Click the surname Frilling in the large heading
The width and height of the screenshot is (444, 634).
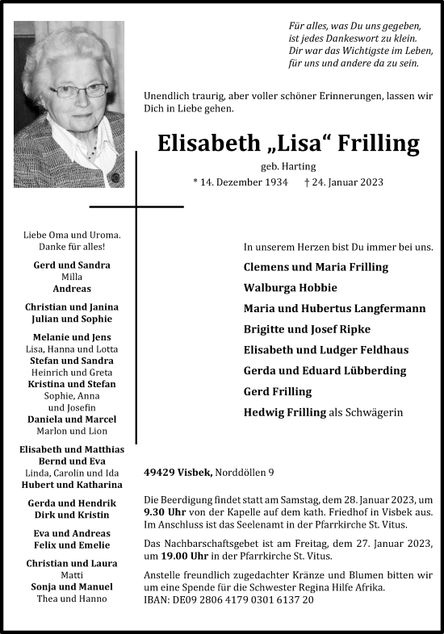point(377,144)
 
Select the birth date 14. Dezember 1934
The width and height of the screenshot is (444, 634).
point(241,182)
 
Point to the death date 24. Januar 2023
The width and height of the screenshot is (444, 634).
point(344,182)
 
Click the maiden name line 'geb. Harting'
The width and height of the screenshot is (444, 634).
point(288,165)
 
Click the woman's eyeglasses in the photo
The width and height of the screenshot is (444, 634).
point(79,91)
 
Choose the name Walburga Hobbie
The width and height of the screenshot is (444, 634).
point(290,287)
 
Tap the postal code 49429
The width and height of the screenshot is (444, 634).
point(159,472)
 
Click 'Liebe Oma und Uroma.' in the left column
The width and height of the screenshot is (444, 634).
point(72,235)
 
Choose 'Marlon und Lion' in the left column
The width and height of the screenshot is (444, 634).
point(72,431)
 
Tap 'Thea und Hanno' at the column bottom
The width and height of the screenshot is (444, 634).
point(72,599)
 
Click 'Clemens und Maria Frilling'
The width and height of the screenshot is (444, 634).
point(316,266)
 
